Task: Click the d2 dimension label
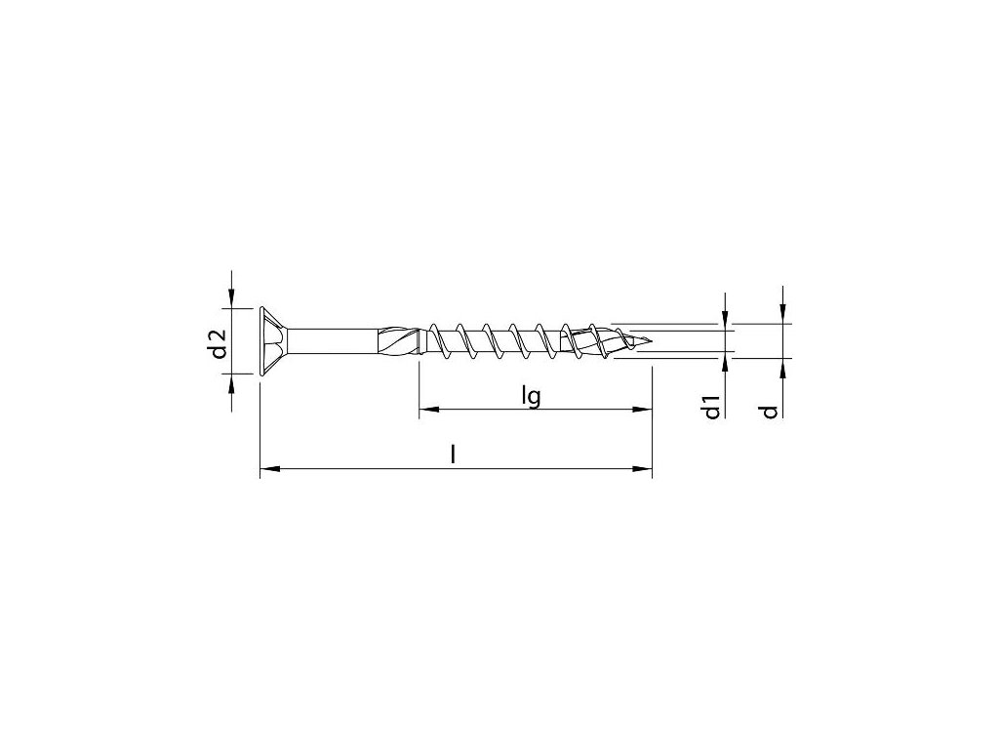(x=219, y=343)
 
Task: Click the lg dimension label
(x=530, y=397)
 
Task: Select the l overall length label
(x=453, y=454)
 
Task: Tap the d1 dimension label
(x=712, y=407)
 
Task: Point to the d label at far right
(x=771, y=412)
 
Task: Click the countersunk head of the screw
(x=274, y=344)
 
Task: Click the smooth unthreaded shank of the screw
(x=334, y=344)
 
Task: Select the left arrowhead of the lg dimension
(x=429, y=410)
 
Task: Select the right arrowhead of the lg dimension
(x=642, y=410)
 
